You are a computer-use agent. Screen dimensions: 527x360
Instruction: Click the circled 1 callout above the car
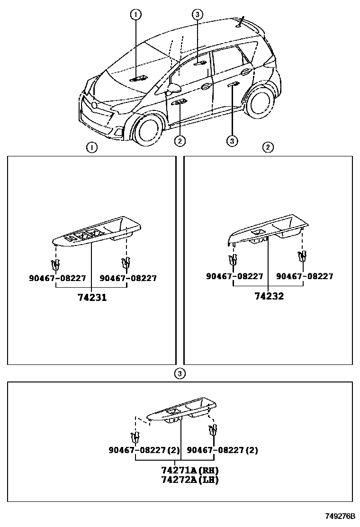[136, 15]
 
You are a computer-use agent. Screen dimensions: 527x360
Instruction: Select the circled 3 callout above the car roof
[198, 15]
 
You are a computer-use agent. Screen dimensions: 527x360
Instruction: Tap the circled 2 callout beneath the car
[180, 140]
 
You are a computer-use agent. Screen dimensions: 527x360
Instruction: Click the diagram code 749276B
[340, 516]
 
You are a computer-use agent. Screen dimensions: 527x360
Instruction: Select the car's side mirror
[174, 88]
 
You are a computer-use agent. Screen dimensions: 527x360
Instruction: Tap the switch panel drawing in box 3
[183, 411]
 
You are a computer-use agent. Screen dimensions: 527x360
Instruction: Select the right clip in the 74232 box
[302, 257]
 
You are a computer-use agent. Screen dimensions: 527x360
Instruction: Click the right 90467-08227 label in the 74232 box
[304, 276]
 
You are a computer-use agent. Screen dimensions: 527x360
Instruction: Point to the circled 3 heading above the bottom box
[179, 374]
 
